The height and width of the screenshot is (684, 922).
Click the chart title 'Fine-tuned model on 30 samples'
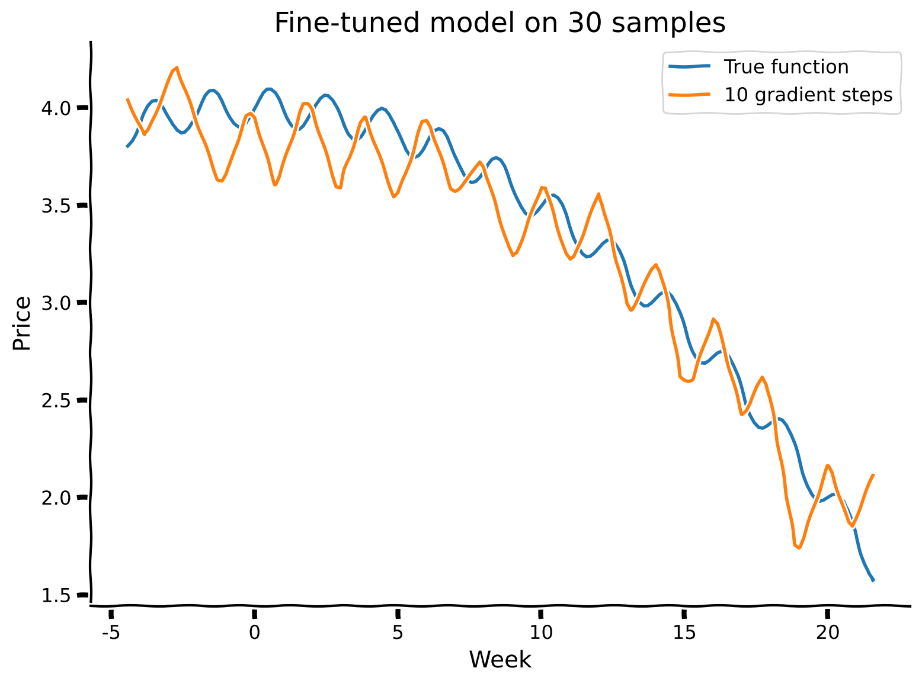coord(500,24)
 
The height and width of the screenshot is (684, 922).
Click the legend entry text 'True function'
coord(786,67)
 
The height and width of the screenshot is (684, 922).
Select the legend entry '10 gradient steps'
coord(808,95)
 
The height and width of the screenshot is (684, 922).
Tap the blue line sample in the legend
coord(689,67)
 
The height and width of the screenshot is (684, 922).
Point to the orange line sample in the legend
coord(689,95)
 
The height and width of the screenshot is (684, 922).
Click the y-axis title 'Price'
coord(23,323)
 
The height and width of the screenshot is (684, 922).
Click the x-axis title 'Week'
coord(500,659)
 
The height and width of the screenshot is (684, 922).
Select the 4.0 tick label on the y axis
coord(57,108)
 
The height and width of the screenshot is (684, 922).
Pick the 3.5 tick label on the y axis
coord(57,205)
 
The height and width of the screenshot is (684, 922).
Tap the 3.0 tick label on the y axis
coord(57,303)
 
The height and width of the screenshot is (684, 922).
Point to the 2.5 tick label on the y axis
coord(57,400)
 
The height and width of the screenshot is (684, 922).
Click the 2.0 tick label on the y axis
coord(57,497)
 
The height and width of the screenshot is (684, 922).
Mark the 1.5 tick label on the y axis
coord(57,595)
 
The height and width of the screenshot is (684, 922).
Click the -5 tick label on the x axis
coord(110,633)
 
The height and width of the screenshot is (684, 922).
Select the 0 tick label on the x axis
coord(254,633)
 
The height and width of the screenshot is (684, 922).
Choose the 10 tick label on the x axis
coord(540,633)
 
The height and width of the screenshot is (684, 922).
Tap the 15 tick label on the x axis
coord(684,633)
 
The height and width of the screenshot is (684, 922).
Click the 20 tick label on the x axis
coord(827,633)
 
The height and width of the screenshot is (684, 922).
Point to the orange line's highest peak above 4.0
coord(177,68)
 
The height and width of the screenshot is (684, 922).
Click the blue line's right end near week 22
coord(873,580)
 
